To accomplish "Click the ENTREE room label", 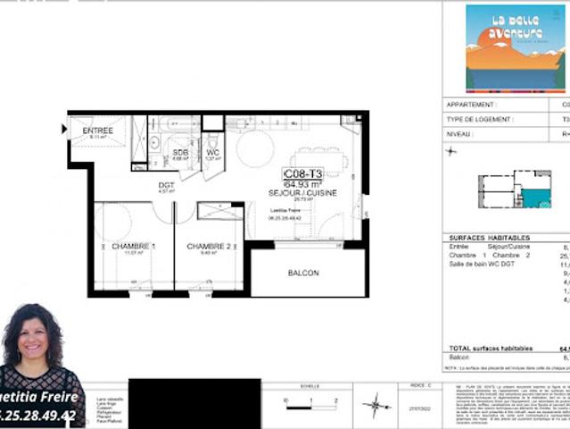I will coord(98,130).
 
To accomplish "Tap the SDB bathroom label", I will coord(180,152).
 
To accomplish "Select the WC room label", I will coord(212,152).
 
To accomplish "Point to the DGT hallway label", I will coord(166,185).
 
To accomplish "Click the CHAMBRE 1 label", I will coord(134,246).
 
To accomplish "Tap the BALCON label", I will coord(303,273).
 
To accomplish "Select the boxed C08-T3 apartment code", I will coord(302,173).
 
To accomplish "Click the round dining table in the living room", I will coord(255,148).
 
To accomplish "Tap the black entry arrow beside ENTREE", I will coord(64,130).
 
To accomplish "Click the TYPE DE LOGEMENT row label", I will coord(480,119).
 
